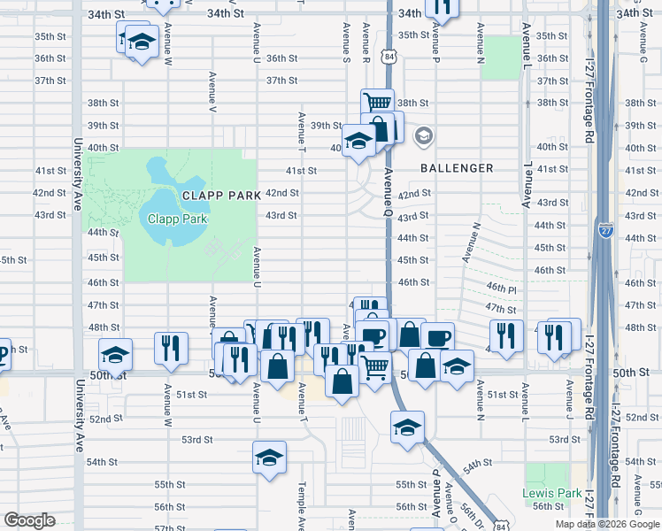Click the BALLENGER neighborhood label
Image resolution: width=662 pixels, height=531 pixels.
[x=457, y=167]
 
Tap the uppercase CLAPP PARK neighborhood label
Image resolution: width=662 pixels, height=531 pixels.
[x=221, y=195]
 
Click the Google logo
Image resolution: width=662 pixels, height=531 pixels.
[x=29, y=519]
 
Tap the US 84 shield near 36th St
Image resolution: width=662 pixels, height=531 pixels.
[x=389, y=57]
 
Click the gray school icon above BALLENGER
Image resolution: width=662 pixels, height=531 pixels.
[x=424, y=135]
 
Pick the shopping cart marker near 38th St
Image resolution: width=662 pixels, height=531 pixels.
[x=377, y=103]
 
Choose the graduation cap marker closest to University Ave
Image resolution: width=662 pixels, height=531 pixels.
[x=115, y=355]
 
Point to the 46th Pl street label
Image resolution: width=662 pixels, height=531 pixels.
[x=500, y=289]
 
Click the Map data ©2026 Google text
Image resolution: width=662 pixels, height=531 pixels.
[x=606, y=524]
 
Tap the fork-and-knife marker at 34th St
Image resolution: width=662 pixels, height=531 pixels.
[x=442, y=7]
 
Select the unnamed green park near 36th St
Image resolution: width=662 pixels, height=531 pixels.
[x=504, y=57]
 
